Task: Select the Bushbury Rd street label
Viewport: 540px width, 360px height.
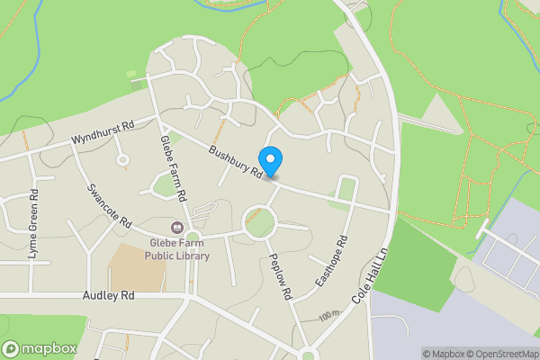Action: [237, 161]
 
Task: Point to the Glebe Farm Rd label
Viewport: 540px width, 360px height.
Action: [172, 167]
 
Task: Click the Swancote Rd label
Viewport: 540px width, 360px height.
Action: [110, 205]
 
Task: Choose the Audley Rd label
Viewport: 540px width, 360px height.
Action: [108, 294]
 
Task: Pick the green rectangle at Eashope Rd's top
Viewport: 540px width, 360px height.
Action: [346, 189]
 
